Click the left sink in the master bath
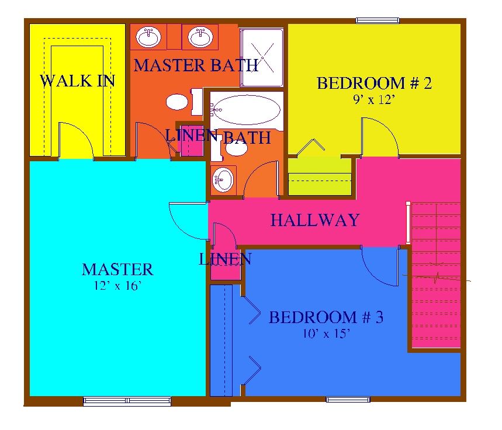148,37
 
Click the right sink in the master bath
200,37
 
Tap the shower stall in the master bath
262,58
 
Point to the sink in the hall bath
223,179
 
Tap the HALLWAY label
315,220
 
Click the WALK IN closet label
77,81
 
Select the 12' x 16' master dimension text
118,285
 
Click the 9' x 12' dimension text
373,100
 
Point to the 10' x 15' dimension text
326,334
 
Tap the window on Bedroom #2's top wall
378,21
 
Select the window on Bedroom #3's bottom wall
348,399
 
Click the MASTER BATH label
196,65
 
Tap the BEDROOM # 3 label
326,317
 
